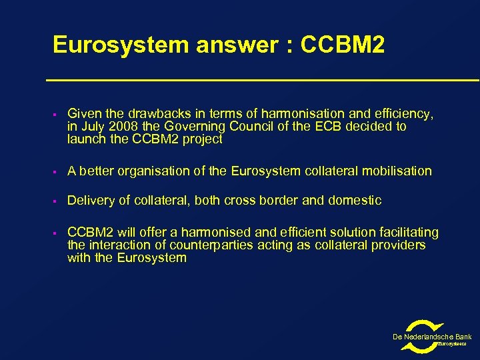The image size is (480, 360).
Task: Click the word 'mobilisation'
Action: click(396, 171)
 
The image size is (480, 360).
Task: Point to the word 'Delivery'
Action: click(90, 201)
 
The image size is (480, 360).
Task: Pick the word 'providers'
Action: click(399, 245)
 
